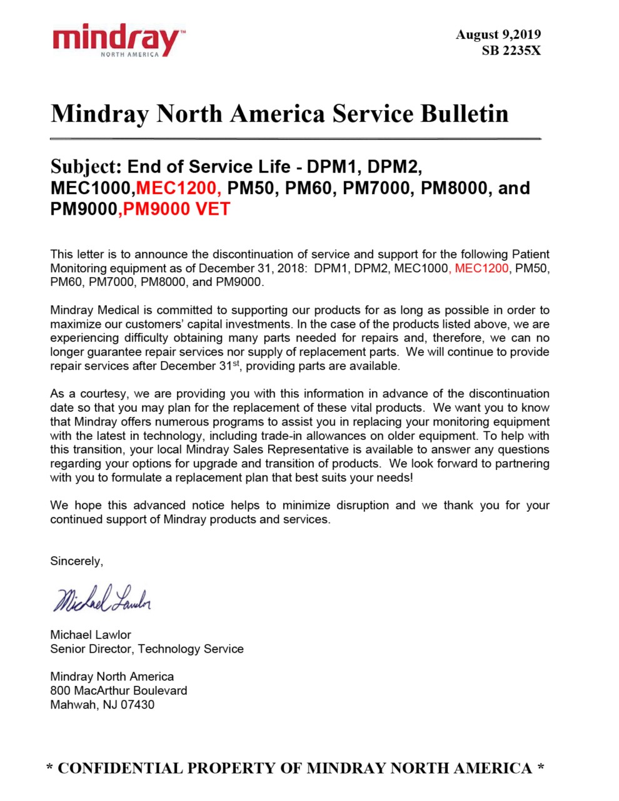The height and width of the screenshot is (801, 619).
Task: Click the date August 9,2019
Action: pyautogui.click(x=498, y=34)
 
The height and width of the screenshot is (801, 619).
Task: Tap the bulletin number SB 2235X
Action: pyautogui.click(x=511, y=51)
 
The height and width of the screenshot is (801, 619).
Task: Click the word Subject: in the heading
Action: pyautogui.click(x=86, y=167)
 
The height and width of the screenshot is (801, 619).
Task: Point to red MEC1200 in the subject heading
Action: pyautogui.click(x=178, y=188)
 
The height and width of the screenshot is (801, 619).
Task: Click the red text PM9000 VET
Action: pyautogui.click(x=176, y=209)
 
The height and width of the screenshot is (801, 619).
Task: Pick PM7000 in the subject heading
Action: pyautogui.click(x=378, y=188)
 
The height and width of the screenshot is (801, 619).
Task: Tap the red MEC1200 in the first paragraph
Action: pyautogui.click(x=481, y=268)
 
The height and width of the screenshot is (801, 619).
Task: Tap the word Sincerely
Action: pyautogui.click(x=76, y=561)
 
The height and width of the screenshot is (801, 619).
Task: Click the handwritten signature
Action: pyautogui.click(x=102, y=599)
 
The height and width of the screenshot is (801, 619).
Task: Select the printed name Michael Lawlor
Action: pyautogui.click(x=91, y=635)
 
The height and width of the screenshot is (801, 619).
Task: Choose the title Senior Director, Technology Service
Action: pyautogui.click(x=147, y=649)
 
